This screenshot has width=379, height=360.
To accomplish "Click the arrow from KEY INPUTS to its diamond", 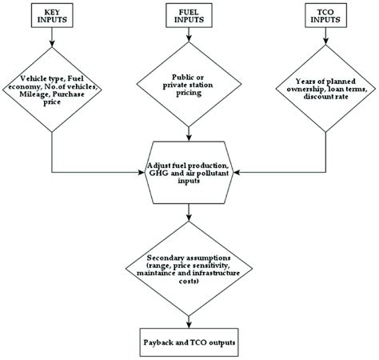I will (52, 42).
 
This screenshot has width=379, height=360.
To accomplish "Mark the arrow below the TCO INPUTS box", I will (325, 42).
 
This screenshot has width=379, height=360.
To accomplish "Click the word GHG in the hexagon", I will (160, 170).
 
